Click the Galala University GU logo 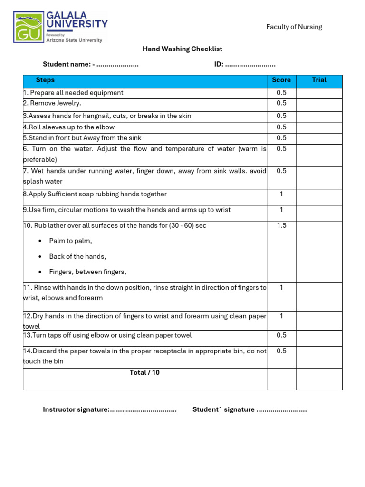pyautogui.click(x=29, y=27)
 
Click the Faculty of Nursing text pyautogui.click(x=294, y=27)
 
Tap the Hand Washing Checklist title pyautogui.click(x=182, y=49)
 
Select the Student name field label pyautogui.click(x=69, y=64)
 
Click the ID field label pyautogui.click(x=219, y=64)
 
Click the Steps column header pyautogui.click(x=45, y=80)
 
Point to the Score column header pyautogui.click(x=281, y=80)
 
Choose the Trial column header pyautogui.click(x=319, y=80)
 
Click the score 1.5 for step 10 pyautogui.click(x=281, y=225)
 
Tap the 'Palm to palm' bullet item pyautogui.click(x=70, y=241)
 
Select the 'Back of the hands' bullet pyautogui.click(x=77, y=256)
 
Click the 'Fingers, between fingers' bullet pyautogui.click(x=87, y=272)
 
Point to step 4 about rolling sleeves pyautogui.click(x=69, y=127)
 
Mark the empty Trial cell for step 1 pyautogui.click(x=319, y=93)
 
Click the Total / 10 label pyautogui.click(x=144, y=372)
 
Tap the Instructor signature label pyautogui.click(x=76, y=409)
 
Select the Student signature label pyautogui.click(x=223, y=409)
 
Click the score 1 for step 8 pyautogui.click(x=281, y=194)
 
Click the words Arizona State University pyautogui.click(x=74, y=40)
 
